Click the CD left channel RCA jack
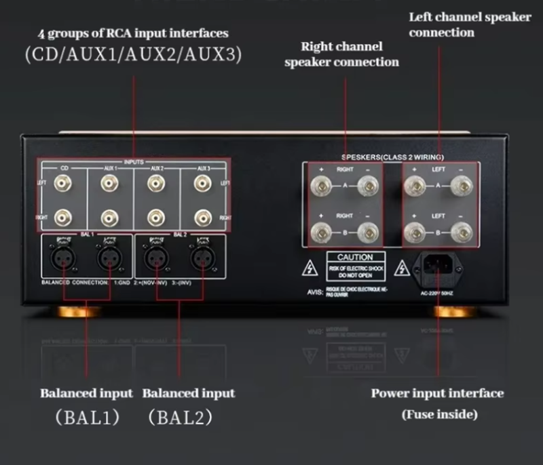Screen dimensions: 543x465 [63, 182]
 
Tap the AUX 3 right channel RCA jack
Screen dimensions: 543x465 [202, 217]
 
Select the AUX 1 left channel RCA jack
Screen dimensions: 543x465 [110, 182]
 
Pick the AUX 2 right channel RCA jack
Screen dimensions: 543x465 [156, 217]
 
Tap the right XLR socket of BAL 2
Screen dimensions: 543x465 [202, 256]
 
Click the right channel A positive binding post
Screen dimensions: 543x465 [320, 184]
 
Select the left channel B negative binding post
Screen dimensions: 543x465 [461, 232]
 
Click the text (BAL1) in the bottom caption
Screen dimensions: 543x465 [87, 417]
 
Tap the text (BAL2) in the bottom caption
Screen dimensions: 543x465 [181, 417]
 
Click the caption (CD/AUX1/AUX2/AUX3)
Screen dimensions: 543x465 [133, 55]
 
